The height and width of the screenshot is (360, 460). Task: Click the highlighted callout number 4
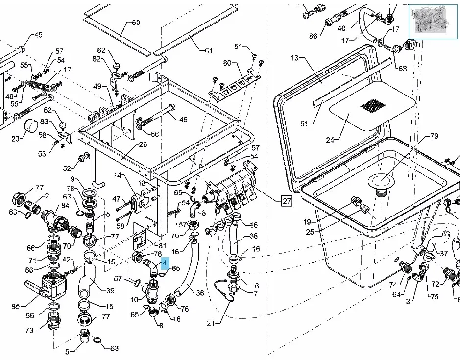tap(165, 263)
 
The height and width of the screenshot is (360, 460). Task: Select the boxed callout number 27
tap(287, 200)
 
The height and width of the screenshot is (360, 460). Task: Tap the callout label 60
tap(136, 23)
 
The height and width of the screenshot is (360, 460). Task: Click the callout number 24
tap(330, 140)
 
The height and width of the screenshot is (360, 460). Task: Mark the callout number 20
tap(15, 139)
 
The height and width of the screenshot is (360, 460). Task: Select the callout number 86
tap(313, 36)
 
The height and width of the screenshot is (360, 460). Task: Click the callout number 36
tap(200, 294)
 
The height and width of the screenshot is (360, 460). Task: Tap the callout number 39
tap(110, 290)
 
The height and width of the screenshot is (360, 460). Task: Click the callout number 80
tap(227, 63)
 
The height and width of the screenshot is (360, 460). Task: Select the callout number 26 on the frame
tap(143, 144)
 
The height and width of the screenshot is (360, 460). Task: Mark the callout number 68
tap(402, 68)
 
